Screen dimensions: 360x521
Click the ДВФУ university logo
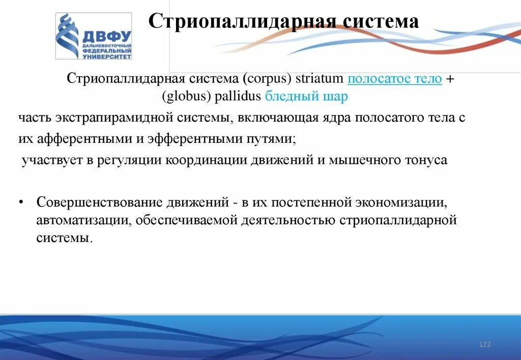(x=93, y=36)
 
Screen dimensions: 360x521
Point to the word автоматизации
(x=76, y=220)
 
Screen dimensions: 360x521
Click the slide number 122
(x=485, y=345)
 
